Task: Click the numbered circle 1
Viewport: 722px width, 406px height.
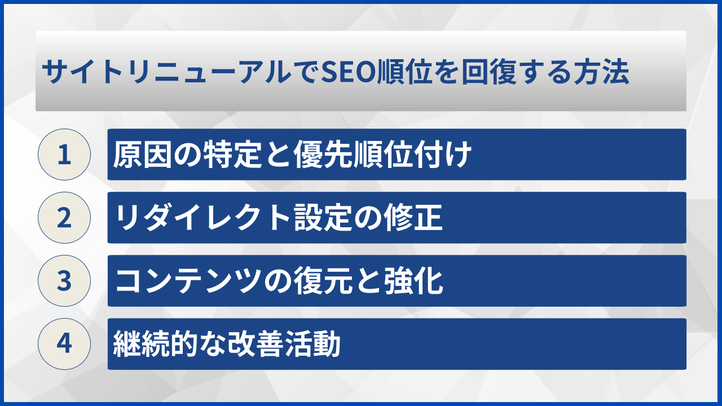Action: pyautogui.click(x=64, y=155)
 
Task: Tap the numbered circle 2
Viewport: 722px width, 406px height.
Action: pyautogui.click(x=64, y=218)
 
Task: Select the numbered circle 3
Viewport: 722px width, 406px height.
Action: pyautogui.click(x=64, y=281)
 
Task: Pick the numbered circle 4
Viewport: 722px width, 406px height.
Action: pyautogui.click(x=64, y=344)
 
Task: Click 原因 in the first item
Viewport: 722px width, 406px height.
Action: pyautogui.click(x=142, y=155)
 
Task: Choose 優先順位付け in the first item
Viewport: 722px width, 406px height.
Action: pyautogui.click(x=382, y=155)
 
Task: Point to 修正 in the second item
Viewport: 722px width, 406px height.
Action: pyautogui.click(x=413, y=218)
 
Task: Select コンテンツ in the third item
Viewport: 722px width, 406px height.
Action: pyautogui.click(x=187, y=281)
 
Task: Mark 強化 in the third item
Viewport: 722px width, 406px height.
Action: pyautogui.click(x=413, y=281)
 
